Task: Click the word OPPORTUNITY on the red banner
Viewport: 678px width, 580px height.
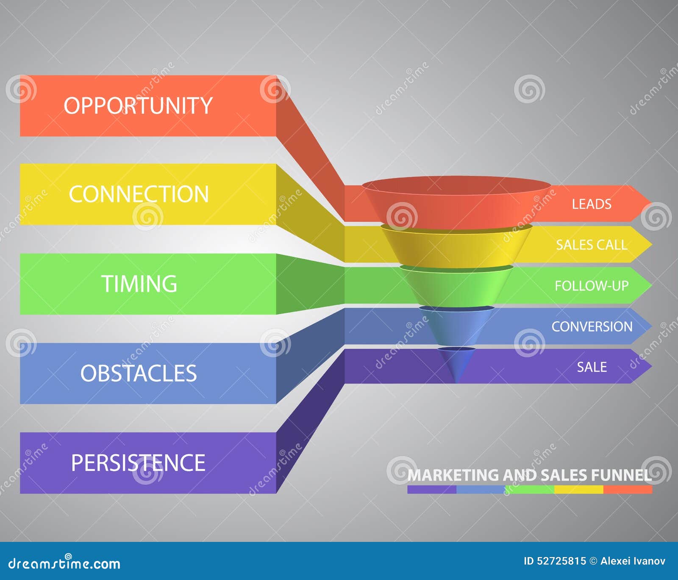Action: coord(138,105)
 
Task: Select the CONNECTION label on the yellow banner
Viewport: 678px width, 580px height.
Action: coord(139,194)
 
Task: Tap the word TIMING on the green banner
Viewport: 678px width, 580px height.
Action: coord(139,284)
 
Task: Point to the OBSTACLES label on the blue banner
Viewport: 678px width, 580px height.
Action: coord(139,373)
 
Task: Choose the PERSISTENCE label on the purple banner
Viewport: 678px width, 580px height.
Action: coord(138,463)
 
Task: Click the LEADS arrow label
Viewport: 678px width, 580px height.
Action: coord(592,204)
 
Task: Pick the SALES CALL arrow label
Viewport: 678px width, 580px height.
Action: coord(592,245)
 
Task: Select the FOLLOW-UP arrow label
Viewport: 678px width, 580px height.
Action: coord(592,286)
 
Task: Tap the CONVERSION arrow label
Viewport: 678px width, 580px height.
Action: coord(592,326)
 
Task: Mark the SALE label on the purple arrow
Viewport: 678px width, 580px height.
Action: coord(592,367)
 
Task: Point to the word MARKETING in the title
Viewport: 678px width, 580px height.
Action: coord(453,475)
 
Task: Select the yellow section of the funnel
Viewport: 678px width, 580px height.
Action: coord(456,246)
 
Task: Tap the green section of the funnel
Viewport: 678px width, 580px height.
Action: coord(456,286)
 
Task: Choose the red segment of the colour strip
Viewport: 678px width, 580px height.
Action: coord(628,489)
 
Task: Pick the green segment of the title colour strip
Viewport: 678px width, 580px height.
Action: coord(530,489)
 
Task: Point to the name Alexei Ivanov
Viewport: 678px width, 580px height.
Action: coord(633,561)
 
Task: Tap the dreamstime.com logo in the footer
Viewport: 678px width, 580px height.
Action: coord(64,563)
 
